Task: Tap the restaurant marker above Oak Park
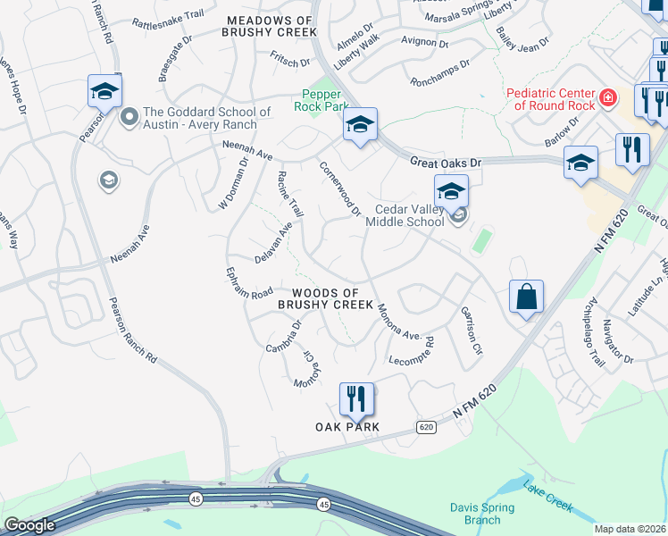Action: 357,399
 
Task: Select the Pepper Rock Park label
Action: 321,100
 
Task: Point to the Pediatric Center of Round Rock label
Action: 550,99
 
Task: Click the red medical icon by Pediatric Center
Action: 608,96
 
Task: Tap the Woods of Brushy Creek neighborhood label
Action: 325,298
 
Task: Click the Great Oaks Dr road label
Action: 446,163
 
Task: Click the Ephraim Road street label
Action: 249,281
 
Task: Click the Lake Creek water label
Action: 547,497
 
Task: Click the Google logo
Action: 30,525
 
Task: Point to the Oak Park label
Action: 347,427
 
